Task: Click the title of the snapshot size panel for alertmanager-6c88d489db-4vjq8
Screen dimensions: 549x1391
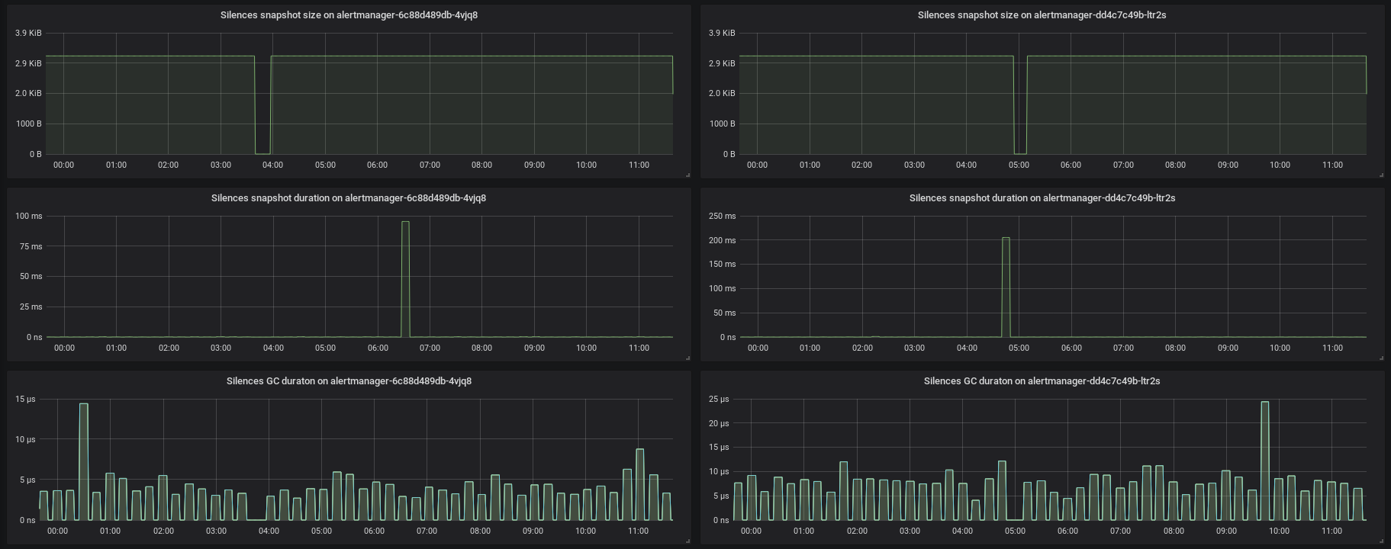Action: click(349, 15)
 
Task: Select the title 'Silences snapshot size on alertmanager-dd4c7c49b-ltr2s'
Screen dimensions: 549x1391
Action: click(1042, 15)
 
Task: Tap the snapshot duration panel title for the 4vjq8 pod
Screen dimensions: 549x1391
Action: click(349, 198)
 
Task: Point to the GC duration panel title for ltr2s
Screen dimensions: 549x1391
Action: click(1042, 381)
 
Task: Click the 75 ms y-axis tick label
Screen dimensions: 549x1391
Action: click(29, 246)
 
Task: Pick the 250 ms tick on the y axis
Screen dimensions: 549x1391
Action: click(722, 217)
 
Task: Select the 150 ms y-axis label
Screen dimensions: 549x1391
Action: click(722, 265)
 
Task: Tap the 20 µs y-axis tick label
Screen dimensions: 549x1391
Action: click(719, 423)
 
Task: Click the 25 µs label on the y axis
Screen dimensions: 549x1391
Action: click(719, 400)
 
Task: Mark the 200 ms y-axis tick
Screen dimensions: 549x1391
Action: click(722, 240)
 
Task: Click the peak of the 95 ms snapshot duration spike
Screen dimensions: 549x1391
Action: click(405, 223)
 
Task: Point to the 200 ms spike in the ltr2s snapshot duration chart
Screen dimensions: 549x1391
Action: click(1006, 239)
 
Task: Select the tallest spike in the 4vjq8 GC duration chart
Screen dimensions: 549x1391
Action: click(83, 405)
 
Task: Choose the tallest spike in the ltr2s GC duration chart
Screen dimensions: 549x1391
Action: click(1264, 403)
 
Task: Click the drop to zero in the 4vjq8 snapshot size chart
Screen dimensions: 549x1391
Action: click(262, 153)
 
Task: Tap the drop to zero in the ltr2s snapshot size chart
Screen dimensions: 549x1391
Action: click(1020, 153)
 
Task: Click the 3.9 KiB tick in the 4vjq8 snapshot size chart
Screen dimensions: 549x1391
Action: click(28, 34)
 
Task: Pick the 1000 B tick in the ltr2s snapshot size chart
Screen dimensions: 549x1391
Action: click(722, 124)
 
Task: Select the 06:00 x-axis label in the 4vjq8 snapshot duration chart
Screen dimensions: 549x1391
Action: click(378, 348)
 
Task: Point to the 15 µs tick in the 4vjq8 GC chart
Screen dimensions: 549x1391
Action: click(25, 400)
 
